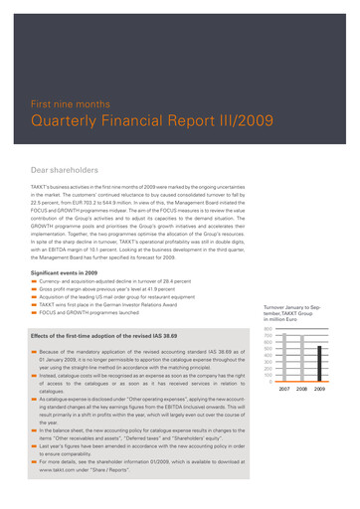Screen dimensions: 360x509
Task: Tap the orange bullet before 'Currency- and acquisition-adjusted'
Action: [34, 283]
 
